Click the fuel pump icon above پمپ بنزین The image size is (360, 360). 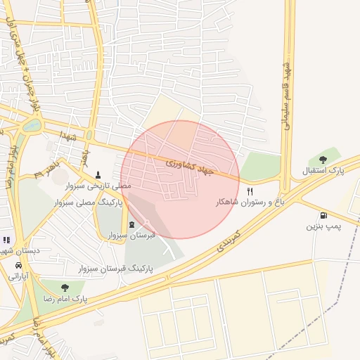pyautogui.click(x=323, y=215)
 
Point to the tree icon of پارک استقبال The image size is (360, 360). pyautogui.click(x=322, y=160)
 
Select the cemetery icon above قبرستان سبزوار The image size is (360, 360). pyautogui.click(x=131, y=224)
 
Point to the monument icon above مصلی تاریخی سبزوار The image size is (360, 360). pyautogui.click(x=98, y=175)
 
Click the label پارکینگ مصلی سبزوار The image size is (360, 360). pyautogui.click(x=87, y=202)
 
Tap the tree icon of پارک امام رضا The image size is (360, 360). pyautogui.click(x=65, y=288)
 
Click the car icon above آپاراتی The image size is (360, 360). pyautogui.click(x=18, y=266)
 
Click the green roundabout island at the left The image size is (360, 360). pyautogui.click(x=32, y=127)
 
